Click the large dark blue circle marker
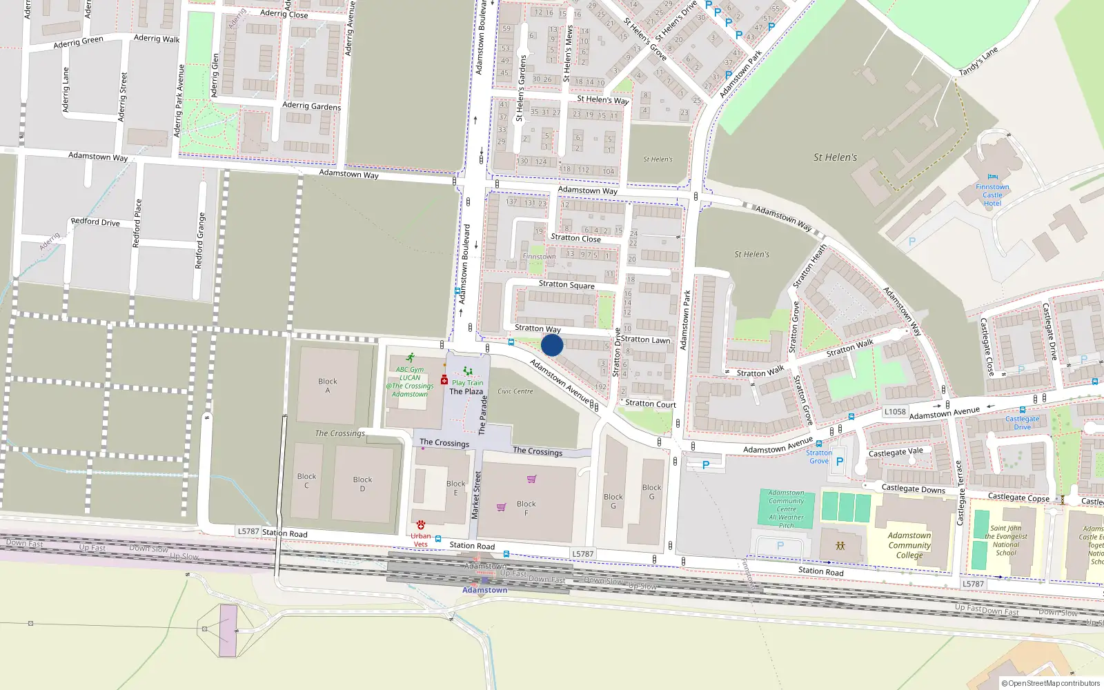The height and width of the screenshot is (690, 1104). point(552,345)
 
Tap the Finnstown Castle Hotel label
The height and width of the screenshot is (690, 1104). point(992,195)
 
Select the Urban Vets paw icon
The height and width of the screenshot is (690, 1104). point(421,525)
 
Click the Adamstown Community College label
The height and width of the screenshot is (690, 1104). point(909,545)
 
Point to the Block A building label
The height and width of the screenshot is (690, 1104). point(328,386)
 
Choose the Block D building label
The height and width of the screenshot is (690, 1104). point(362,484)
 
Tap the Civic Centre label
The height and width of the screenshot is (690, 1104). point(515,391)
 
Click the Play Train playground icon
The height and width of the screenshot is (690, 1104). point(468,372)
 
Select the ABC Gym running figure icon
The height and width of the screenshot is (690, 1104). point(411,358)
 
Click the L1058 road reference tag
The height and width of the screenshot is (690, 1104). point(895,411)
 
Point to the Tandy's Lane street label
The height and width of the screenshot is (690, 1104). point(978,61)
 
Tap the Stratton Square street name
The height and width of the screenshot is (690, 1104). point(566,284)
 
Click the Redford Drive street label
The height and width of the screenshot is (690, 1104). point(95,221)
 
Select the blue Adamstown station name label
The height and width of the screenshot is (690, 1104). point(484,590)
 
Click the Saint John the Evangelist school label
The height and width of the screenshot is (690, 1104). point(1006,540)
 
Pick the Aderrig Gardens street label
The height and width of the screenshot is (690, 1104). point(311,106)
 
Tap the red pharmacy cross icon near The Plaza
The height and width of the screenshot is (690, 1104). point(444,380)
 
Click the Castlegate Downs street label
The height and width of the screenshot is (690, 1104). point(914,489)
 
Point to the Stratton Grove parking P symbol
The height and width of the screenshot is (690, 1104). point(840,462)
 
